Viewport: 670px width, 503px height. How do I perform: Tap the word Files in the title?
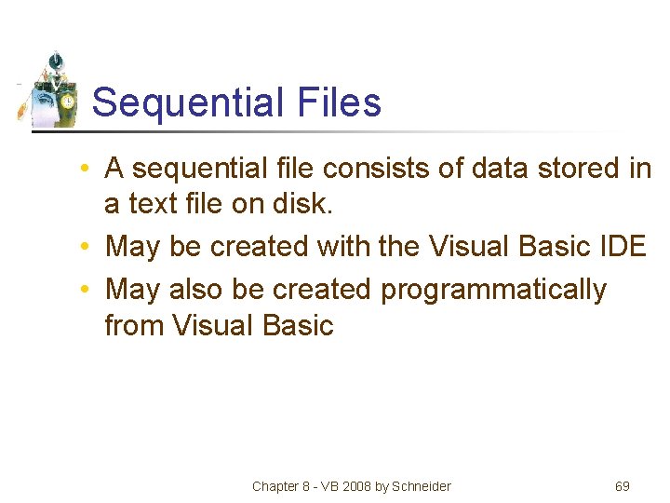(341, 102)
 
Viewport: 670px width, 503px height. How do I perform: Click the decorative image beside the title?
(51, 90)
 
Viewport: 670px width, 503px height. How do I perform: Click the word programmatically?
(493, 291)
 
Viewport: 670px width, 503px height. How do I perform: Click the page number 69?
(623, 486)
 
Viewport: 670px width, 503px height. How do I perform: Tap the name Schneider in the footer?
(421, 486)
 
